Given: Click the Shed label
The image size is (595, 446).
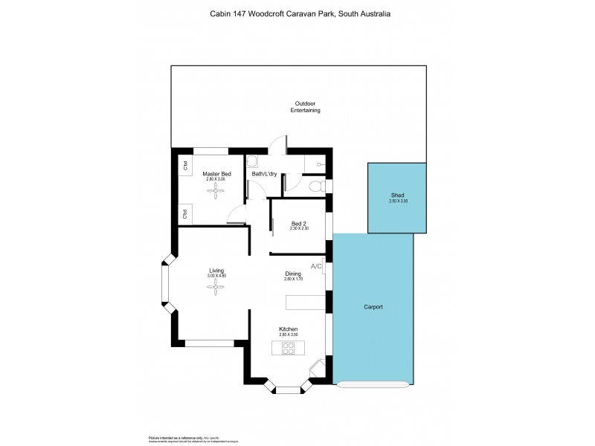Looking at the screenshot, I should tap(398, 195).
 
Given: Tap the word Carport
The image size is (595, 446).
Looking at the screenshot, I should tap(373, 307).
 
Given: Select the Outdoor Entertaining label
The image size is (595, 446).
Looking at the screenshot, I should tap(305, 106).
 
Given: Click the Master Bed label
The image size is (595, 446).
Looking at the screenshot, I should tap(216, 174).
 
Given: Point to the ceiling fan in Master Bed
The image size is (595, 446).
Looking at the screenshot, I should tap(216, 191).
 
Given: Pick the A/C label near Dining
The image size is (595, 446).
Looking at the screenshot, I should tap(316, 266).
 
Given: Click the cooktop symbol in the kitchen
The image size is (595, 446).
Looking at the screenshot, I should tap(289, 347).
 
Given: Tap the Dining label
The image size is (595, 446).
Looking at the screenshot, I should tap(293, 274).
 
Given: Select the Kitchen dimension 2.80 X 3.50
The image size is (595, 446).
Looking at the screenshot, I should tap(289, 335).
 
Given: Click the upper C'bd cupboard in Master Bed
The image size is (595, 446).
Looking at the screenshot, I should tap(184, 167).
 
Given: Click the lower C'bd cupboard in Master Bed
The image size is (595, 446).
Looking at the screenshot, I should tap(184, 215).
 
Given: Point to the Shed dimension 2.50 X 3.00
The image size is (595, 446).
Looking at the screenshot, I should tap(398, 201).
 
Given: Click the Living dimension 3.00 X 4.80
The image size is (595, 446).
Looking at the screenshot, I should tap(216, 276).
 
